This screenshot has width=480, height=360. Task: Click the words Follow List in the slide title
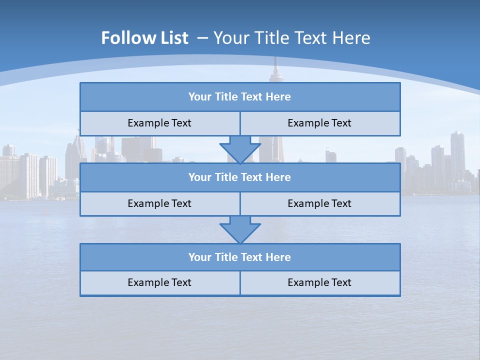click(144, 38)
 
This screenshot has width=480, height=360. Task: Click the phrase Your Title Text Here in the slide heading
click(291, 38)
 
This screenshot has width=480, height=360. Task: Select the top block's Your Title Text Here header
click(239, 97)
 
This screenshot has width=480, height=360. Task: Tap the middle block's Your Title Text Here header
click(239, 177)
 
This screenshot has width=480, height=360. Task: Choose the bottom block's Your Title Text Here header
click(239, 257)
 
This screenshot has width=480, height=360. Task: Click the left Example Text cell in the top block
click(159, 123)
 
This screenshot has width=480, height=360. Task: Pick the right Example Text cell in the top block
click(319, 123)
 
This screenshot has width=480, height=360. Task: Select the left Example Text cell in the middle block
click(159, 204)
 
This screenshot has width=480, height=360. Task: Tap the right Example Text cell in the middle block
click(319, 204)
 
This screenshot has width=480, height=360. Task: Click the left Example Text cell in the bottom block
click(159, 283)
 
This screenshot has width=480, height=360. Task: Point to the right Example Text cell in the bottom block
click(319, 283)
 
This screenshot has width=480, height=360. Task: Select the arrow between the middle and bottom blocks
click(240, 229)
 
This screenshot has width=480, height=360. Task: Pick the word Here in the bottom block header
click(278, 257)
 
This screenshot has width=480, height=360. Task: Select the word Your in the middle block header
click(200, 177)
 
